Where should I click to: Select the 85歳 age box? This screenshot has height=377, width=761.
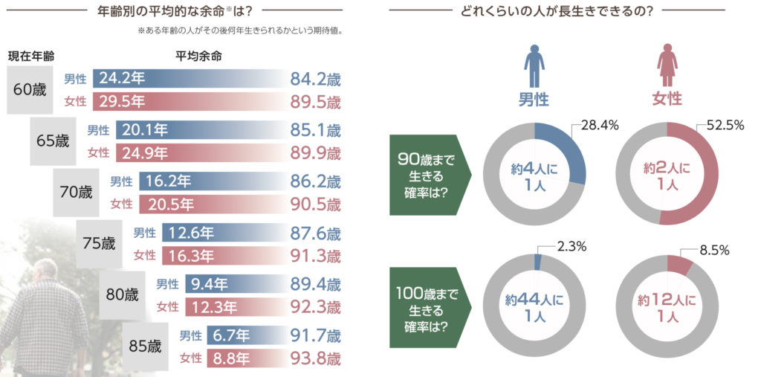(144, 346)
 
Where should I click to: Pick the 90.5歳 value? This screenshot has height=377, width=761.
(315, 203)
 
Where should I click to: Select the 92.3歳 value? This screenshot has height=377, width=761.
(315, 306)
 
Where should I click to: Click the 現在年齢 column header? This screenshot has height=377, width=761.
(31, 56)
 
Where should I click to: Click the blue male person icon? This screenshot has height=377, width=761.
(534, 65)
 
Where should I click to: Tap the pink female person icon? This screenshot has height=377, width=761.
(667, 65)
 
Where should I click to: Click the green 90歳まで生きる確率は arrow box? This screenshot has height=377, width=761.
(424, 175)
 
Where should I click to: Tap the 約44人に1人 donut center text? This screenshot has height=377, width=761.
(534, 308)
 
